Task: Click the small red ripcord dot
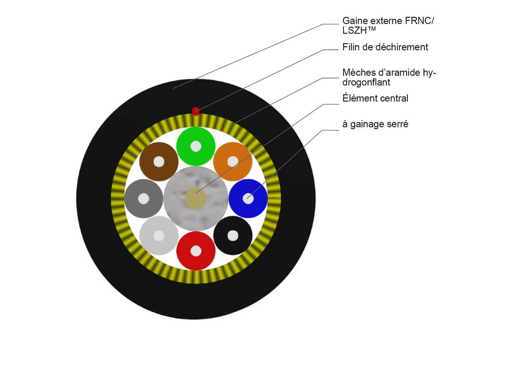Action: coord(196,112)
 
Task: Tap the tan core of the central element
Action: coord(196,199)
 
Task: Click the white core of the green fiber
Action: coord(196,146)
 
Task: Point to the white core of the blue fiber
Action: coord(248,199)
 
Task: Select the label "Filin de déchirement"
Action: coord(385,47)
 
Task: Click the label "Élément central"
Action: coord(375,98)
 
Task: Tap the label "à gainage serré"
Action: coord(375,124)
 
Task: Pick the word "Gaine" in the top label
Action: coord(354,21)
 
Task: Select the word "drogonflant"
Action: coord(366,82)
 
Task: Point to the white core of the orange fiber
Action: coord(233,162)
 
